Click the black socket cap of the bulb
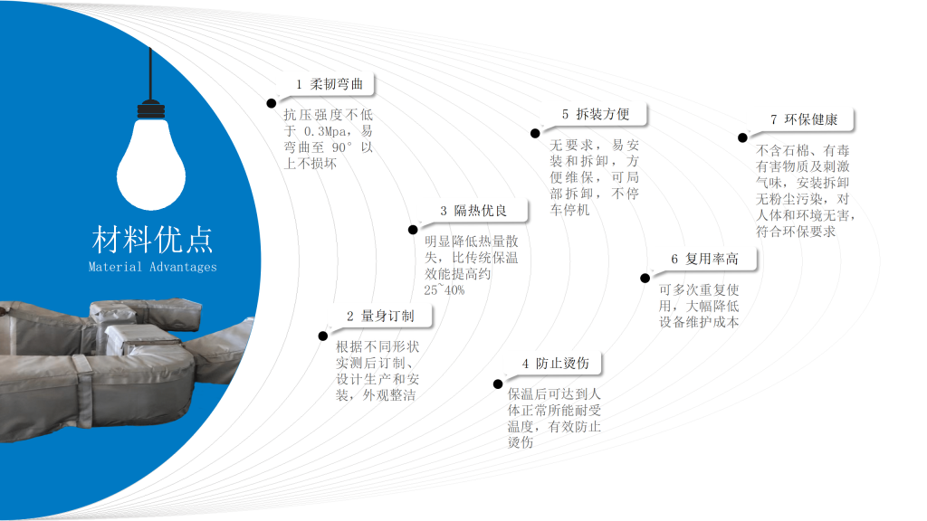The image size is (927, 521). pyautogui.click(x=151, y=109)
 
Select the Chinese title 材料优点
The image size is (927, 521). pyautogui.click(x=152, y=239)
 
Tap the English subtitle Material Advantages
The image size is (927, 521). pyautogui.click(x=152, y=267)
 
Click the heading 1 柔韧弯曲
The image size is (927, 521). pyautogui.click(x=330, y=84)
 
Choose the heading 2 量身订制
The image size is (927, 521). pyautogui.click(x=380, y=316)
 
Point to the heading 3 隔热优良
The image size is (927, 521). pyautogui.click(x=473, y=211)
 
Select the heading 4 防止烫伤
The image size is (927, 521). pyautogui.click(x=555, y=364)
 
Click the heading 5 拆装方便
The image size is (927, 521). pyautogui.click(x=596, y=114)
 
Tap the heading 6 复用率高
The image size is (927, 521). pyautogui.click(x=704, y=259)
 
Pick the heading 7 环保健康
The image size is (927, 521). pyautogui.click(x=804, y=119)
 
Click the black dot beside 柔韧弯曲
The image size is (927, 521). pyautogui.click(x=272, y=103)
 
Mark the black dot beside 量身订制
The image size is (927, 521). pyautogui.click(x=323, y=336)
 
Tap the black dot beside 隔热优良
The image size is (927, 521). pyautogui.click(x=413, y=230)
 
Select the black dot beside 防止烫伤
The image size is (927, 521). pyautogui.click(x=498, y=384)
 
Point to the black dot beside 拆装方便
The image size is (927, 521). pyautogui.click(x=535, y=134)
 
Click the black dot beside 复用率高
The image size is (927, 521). pyautogui.click(x=645, y=279)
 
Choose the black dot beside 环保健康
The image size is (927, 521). pyautogui.click(x=742, y=138)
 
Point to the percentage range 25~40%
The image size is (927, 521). pyautogui.click(x=444, y=290)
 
